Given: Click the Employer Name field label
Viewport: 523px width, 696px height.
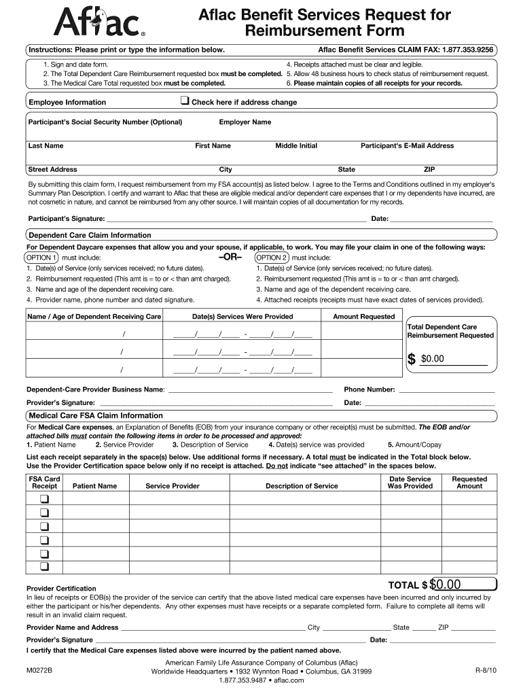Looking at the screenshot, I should (245, 122).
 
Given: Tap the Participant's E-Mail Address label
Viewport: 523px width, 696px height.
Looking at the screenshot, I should (407, 145).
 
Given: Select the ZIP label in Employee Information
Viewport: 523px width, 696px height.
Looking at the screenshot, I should (429, 169).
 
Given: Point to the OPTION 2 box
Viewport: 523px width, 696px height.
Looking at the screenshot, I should (272, 258).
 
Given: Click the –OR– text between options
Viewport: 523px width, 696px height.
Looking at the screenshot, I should (230, 258).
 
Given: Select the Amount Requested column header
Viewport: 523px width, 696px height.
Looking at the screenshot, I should (363, 317).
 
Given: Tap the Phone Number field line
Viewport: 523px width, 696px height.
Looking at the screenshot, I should (446, 391).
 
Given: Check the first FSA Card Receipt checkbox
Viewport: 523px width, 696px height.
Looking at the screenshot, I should (44, 500).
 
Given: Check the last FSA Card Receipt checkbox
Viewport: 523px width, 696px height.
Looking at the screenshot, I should (44, 566).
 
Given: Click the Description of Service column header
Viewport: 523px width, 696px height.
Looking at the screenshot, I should (302, 486).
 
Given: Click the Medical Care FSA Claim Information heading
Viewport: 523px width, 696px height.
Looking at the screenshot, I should (95, 415).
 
